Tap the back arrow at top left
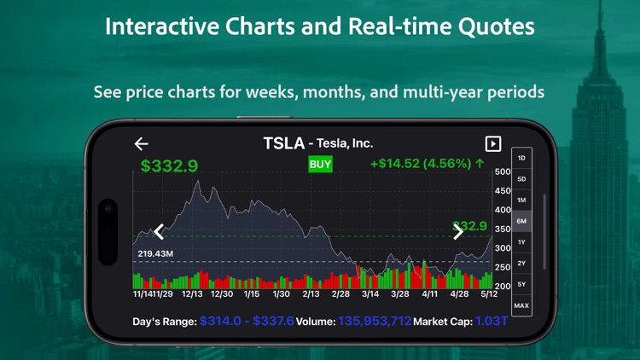(x=142, y=144)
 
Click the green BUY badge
(x=320, y=165)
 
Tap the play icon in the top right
(x=492, y=144)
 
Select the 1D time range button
(x=521, y=159)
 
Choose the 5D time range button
(x=521, y=179)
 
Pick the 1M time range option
(x=521, y=200)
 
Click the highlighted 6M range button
(x=521, y=221)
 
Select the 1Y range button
(x=521, y=242)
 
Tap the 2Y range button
(x=521, y=263)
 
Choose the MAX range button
(x=521, y=305)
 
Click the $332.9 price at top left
(x=169, y=166)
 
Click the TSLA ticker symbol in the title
(x=283, y=143)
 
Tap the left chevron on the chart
(x=159, y=231)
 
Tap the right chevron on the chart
(x=458, y=231)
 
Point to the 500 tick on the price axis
(x=503, y=172)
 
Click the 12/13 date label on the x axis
(x=192, y=294)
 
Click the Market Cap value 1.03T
(x=492, y=322)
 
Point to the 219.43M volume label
(x=155, y=254)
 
